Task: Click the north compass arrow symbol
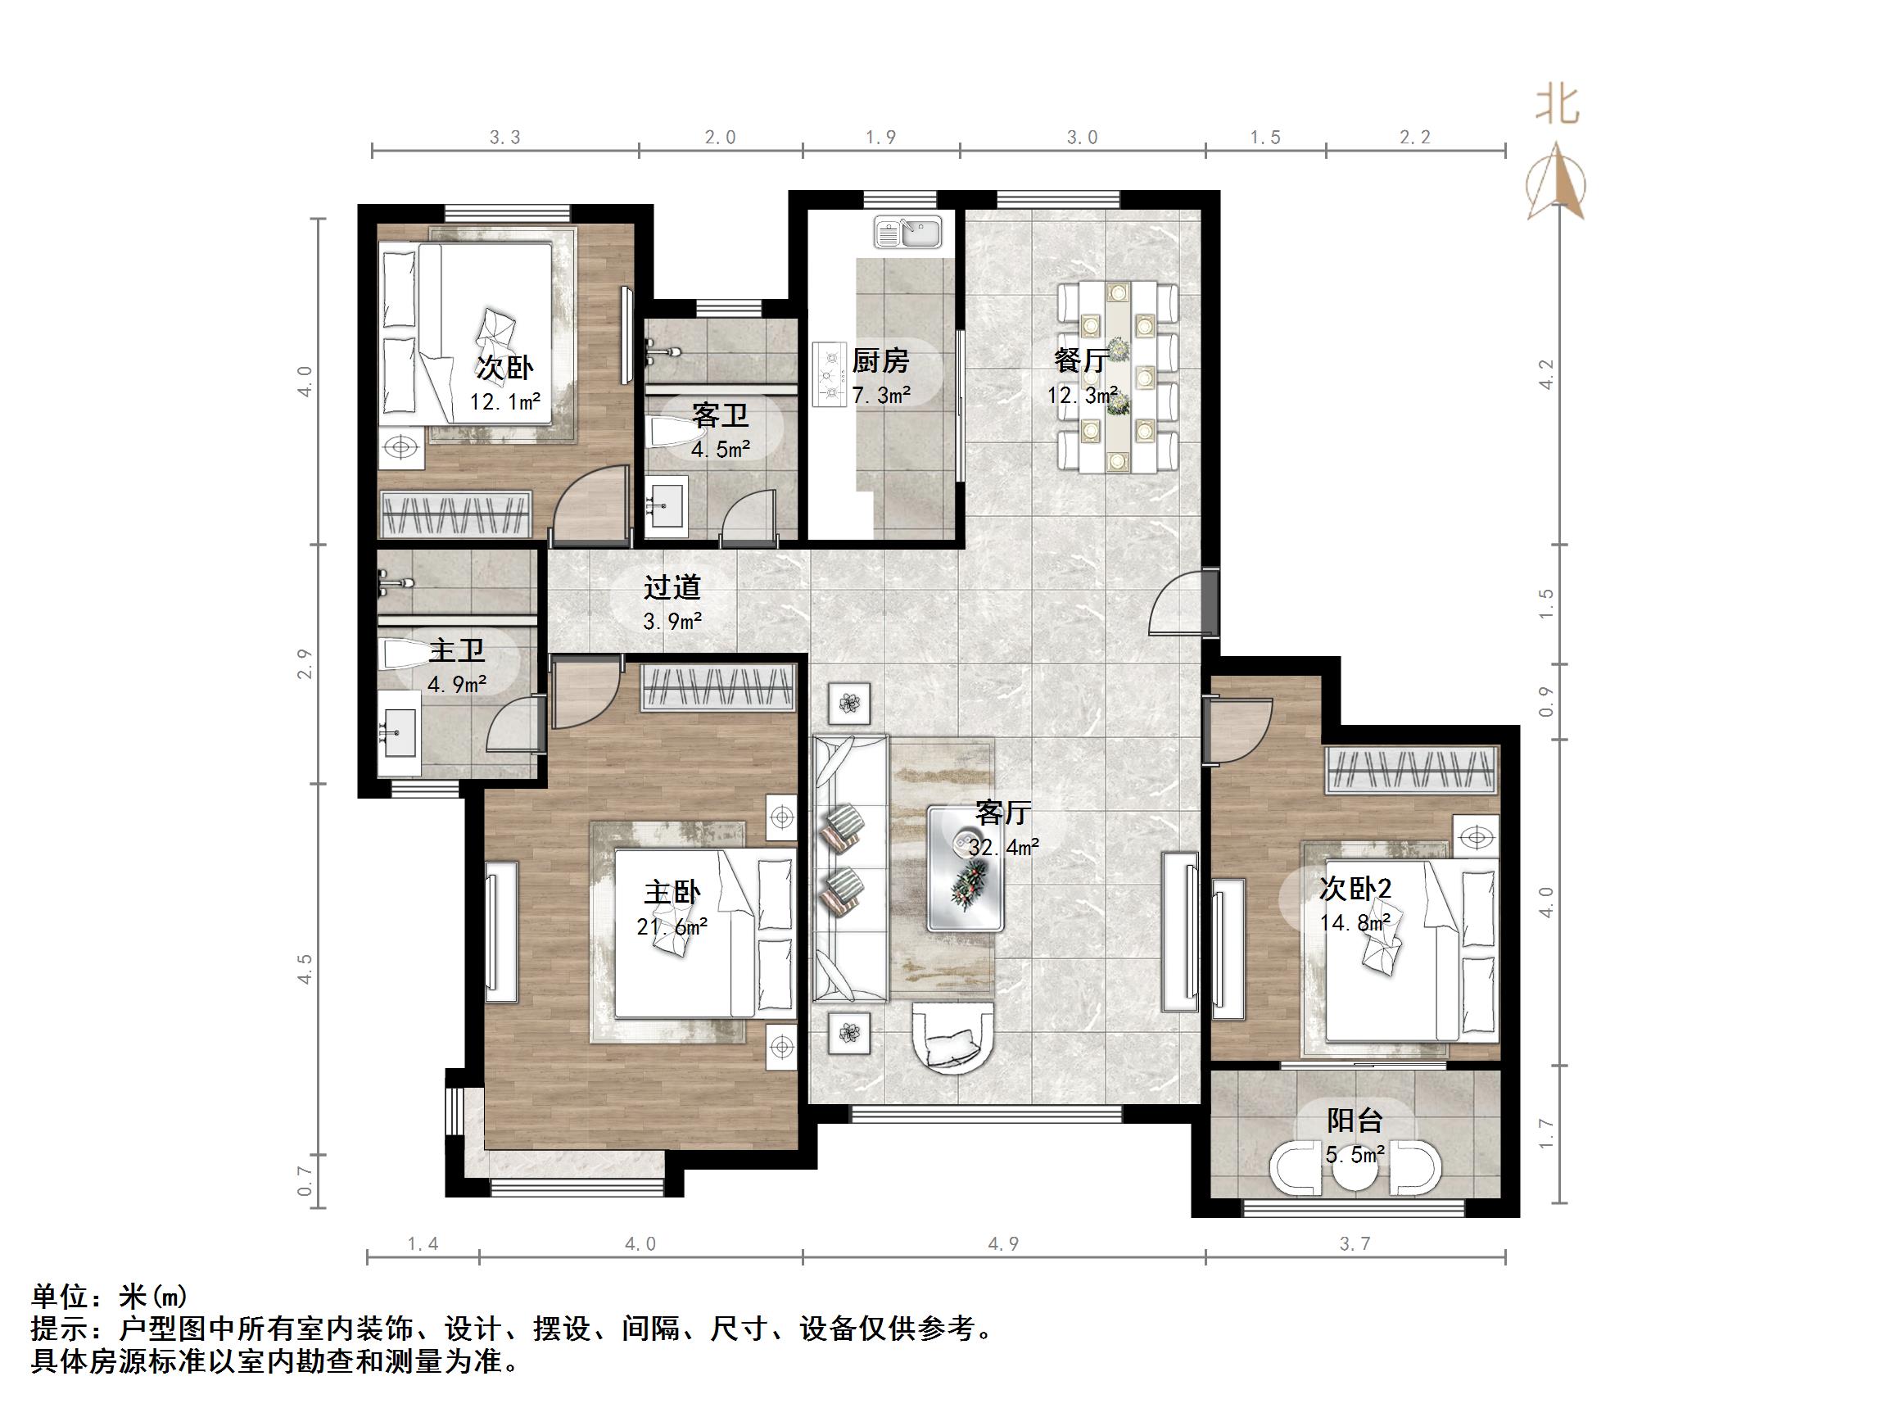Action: (x=1555, y=182)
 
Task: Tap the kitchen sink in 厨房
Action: (x=908, y=233)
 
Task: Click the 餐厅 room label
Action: (x=1080, y=360)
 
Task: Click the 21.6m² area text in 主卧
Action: (x=672, y=926)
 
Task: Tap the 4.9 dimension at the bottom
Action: (x=1003, y=1244)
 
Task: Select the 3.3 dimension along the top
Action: (x=505, y=138)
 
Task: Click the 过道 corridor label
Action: (x=672, y=587)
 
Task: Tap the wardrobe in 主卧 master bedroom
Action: (x=720, y=687)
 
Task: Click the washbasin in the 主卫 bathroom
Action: (x=399, y=732)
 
